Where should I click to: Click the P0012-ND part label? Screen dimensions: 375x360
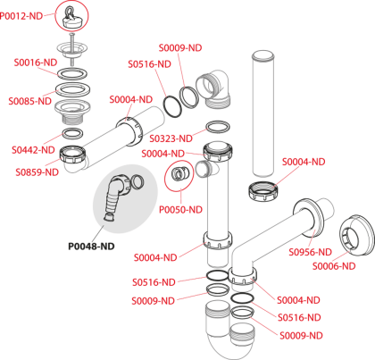coord(21,16)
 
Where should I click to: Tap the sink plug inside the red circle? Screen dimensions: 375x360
coord(71,18)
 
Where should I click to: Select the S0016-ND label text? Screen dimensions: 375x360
coord(36,63)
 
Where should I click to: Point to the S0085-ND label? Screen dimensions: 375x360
coord(30,101)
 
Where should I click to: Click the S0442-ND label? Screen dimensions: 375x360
coord(33,150)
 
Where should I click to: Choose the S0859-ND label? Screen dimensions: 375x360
coord(37,172)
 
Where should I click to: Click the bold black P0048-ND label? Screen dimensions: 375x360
coord(91,247)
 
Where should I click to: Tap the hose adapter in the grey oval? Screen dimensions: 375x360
coord(119,194)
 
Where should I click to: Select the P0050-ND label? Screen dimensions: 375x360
coord(180,210)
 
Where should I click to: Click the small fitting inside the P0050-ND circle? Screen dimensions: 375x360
coord(179,173)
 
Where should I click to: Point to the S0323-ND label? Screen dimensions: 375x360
coord(171,138)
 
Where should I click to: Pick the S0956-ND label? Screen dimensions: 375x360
coord(311,252)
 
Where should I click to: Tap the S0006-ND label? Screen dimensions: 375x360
coord(334,266)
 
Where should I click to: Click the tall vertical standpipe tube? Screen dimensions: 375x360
coord(263,114)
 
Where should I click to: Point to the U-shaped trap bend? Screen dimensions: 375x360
coord(229,333)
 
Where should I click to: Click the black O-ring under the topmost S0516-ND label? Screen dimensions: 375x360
coord(172,106)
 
